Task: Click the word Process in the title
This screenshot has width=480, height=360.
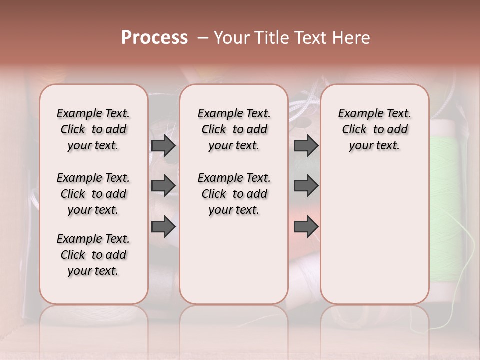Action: [154, 38]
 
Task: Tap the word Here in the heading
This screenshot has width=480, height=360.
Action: [352, 38]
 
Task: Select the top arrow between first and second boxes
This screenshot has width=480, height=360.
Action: [163, 146]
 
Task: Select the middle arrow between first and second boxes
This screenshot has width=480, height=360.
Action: [163, 186]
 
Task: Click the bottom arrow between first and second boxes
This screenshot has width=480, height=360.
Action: [163, 226]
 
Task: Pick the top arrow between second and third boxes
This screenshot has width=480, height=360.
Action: [306, 146]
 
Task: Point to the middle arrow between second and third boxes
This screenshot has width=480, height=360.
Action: [306, 186]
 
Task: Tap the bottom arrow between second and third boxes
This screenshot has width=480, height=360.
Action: [306, 226]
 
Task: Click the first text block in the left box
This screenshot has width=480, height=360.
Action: [93, 129]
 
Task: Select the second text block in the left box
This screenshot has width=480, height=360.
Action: [93, 194]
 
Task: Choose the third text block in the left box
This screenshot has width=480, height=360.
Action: [93, 255]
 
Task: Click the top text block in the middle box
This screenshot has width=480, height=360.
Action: [234, 129]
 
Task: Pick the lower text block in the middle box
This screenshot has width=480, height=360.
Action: [234, 194]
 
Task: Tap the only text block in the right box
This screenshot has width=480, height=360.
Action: [374, 129]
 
